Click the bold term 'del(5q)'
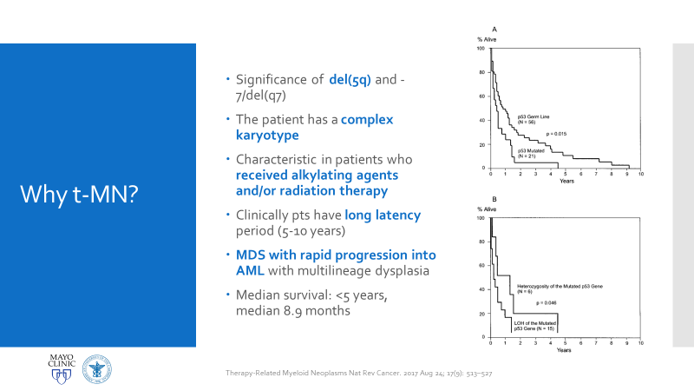pos(350,80)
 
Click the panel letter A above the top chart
pos(494,30)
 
